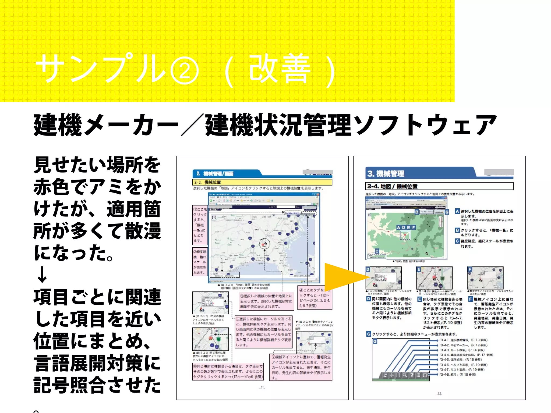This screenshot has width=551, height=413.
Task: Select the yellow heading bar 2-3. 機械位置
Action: point(262,182)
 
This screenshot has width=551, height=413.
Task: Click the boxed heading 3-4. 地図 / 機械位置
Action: point(439,186)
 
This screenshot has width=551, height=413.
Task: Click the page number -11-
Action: point(262,388)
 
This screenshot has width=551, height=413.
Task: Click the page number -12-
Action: point(439,394)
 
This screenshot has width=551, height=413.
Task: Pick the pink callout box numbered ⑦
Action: point(301,367)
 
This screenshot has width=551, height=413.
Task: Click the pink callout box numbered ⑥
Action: point(228,371)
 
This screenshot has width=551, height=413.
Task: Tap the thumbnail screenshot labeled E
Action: point(434,278)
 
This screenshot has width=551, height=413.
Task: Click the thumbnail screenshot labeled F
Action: point(485,278)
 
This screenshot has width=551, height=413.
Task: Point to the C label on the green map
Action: point(377,251)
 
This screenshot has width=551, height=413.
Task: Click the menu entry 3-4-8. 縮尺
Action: point(457,375)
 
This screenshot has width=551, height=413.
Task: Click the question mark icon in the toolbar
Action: point(412,375)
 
